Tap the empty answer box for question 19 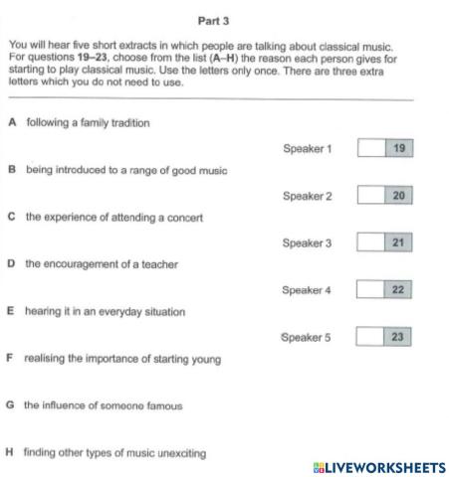point(370,149)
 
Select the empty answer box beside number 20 point(370,196)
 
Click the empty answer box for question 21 point(370,242)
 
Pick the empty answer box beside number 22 point(370,289)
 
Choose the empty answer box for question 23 point(370,337)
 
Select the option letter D point(11,264)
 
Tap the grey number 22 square point(398,289)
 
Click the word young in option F point(207,358)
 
